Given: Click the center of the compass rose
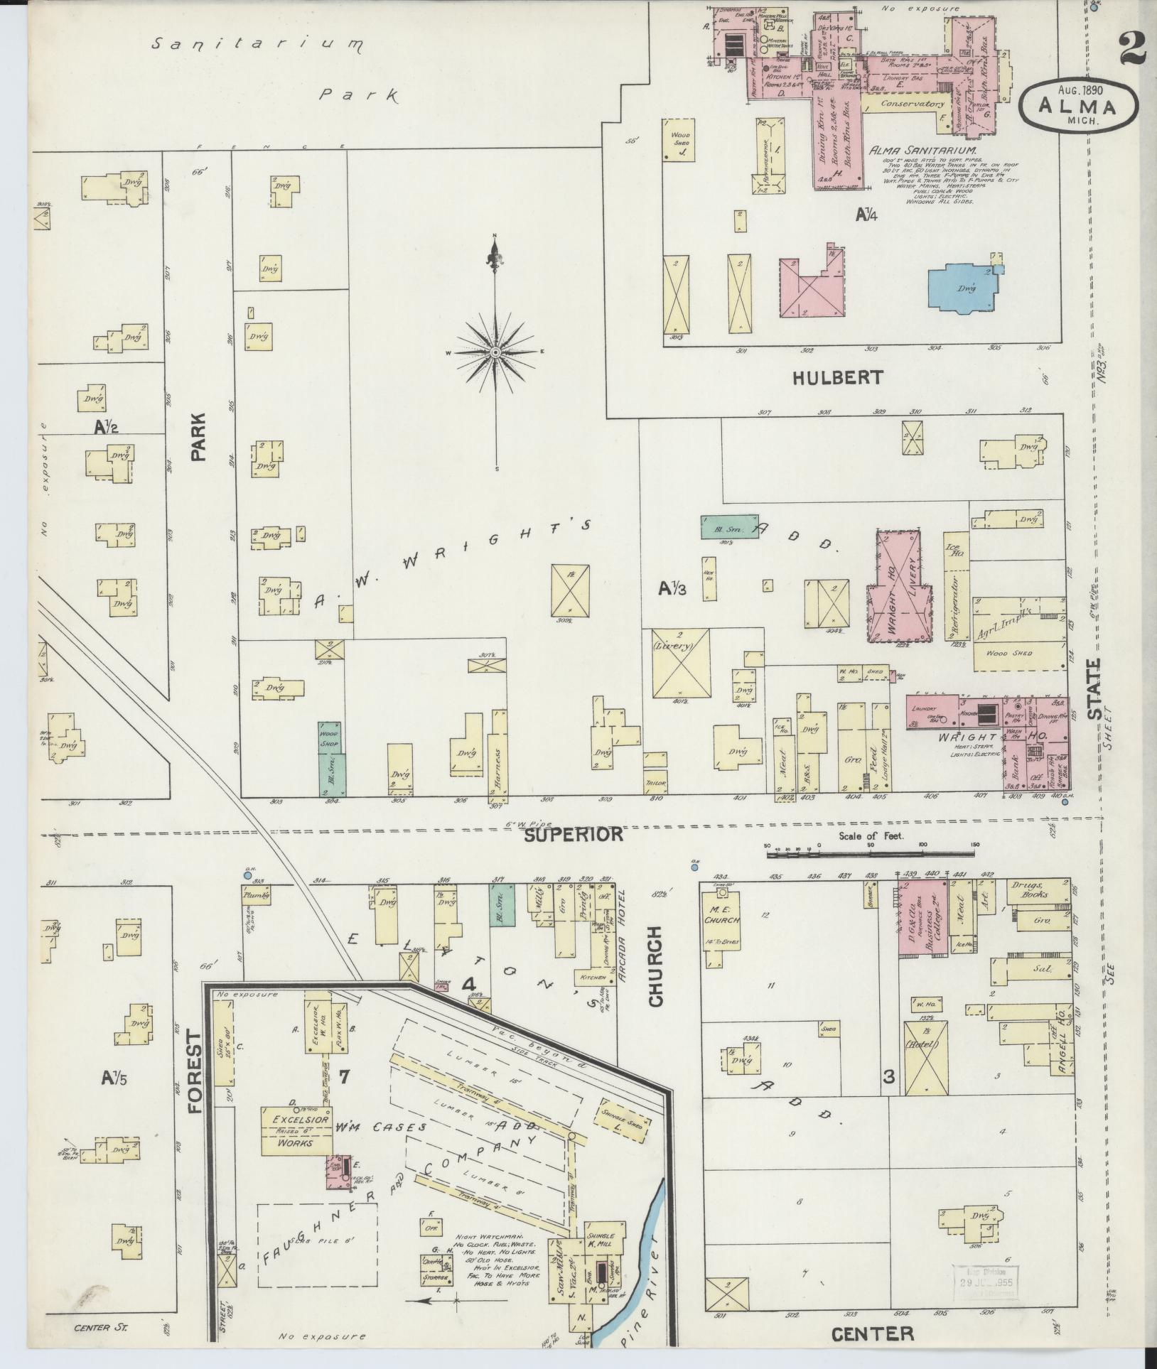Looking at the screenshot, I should (495, 352).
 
